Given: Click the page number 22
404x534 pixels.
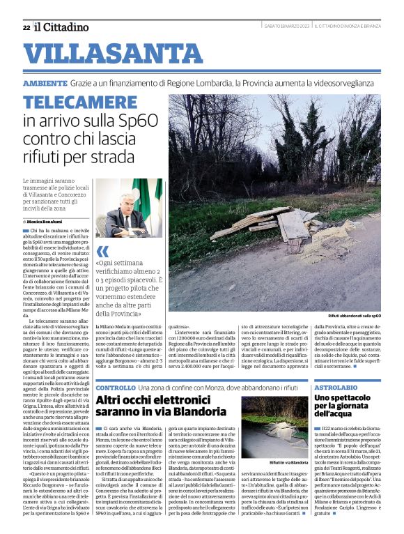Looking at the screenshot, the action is pyautogui.click(x=26, y=27).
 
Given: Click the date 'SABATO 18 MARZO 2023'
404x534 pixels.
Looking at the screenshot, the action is pyautogui.click(x=286, y=26).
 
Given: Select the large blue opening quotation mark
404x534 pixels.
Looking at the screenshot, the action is pyautogui.click(x=102, y=251).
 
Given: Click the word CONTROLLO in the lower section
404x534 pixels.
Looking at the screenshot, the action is pyautogui.click(x=116, y=387).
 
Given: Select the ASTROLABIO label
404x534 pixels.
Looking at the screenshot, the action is pyautogui.click(x=336, y=387).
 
